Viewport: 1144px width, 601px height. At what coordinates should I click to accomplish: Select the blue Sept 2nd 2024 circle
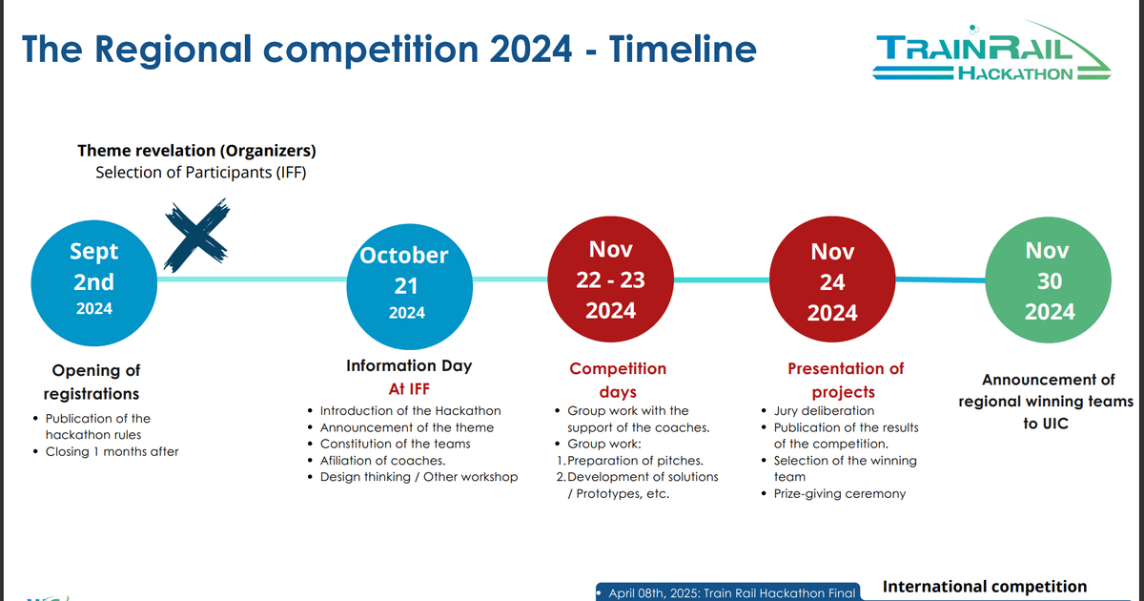coord(93,279)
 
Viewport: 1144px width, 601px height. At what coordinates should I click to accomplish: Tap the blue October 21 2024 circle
coord(406,283)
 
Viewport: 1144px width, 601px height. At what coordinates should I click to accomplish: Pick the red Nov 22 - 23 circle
coord(610,280)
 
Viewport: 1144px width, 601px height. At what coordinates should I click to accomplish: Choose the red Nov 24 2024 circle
coord(831,281)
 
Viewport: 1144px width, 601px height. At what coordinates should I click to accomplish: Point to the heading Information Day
coord(408,365)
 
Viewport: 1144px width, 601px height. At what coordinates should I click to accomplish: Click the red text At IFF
coord(408,388)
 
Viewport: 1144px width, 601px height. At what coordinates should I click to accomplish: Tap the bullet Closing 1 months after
coord(112,451)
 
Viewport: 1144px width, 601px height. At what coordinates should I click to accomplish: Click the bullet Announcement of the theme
coord(406,427)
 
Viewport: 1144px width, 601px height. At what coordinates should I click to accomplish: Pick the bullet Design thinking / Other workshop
coord(419,476)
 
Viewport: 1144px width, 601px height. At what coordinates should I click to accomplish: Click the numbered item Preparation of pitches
coord(634,461)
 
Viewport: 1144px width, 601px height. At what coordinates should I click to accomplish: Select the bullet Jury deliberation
coord(824,411)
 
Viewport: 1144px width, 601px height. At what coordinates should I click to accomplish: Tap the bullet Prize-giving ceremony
coord(839,493)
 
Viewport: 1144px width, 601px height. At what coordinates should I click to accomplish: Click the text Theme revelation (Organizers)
coord(196,151)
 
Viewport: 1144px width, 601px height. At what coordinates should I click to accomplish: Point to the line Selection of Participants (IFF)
coord(200,173)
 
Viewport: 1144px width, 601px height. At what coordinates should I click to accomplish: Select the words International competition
coord(985,587)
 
